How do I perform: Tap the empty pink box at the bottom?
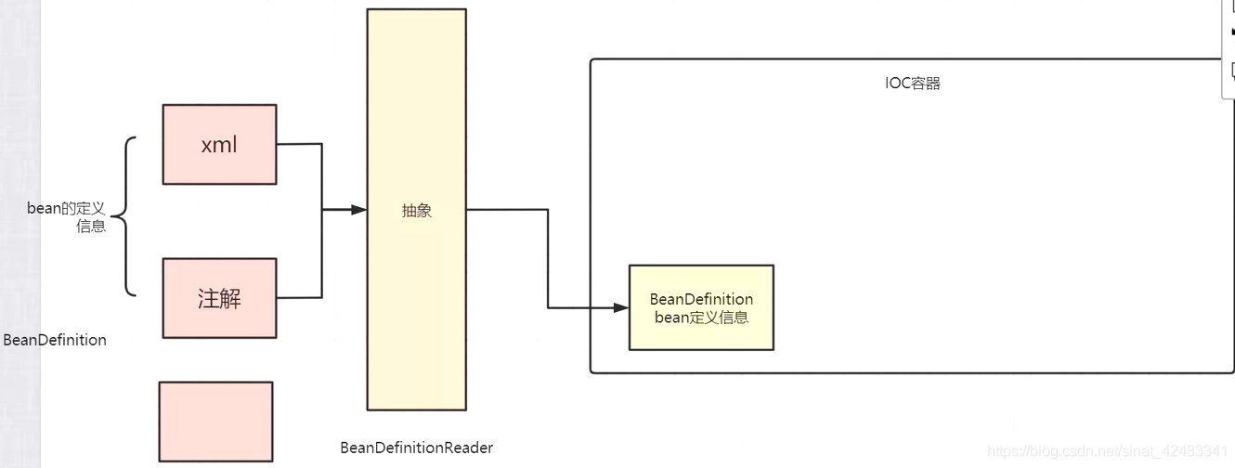point(215,422)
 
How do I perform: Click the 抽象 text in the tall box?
point(417,211)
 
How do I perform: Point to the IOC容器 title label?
point(913,84)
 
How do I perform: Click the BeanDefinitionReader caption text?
point(417,448)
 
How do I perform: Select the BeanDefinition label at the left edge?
point(55,340)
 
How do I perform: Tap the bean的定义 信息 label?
point(67,217)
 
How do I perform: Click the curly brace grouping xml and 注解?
point(127,216)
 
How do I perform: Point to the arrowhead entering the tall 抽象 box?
point(359,210)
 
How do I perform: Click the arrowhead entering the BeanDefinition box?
point(621,307)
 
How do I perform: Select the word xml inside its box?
point(219,146)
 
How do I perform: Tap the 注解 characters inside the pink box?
point(219,298)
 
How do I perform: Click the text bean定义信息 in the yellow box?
point(701,318)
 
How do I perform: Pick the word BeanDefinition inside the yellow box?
point(701,299)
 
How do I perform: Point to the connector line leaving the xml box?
point(299,144)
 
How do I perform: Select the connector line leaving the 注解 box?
point(299,297)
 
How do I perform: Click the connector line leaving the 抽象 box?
point(506,210)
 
